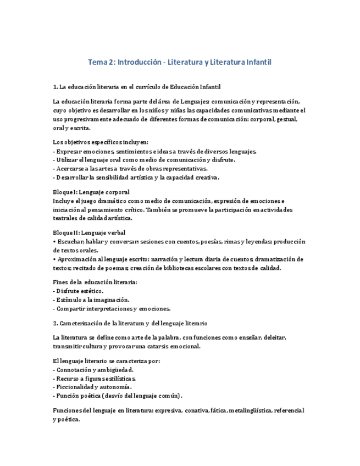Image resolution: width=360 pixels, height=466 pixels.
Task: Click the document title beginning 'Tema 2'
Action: coord(180,62)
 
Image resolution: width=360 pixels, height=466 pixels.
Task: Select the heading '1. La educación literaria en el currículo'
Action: coord(137,87)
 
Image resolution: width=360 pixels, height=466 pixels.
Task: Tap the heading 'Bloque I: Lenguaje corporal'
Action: coord(91,192)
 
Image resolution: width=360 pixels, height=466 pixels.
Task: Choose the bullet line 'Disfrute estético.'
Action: coord(79,291)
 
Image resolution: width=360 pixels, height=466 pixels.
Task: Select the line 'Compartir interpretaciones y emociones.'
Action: coord(112,308)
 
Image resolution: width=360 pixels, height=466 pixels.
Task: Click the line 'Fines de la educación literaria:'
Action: coord(95,282)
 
